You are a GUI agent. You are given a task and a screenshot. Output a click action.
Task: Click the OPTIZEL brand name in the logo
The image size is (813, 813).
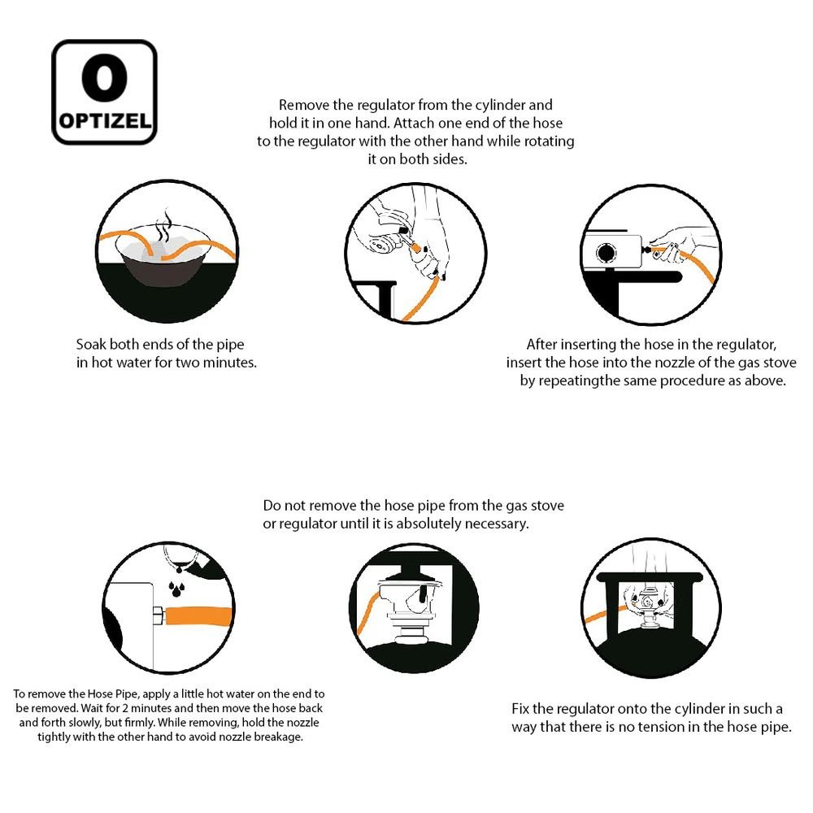(105, 121)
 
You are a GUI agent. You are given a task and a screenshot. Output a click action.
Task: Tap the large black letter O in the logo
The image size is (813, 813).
(104, 78)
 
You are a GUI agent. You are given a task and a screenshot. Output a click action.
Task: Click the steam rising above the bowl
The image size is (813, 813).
(164, 225)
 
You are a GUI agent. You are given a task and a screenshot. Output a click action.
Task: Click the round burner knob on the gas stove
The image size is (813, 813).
(606, 253)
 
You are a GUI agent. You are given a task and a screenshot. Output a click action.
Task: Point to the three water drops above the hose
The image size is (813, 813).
(176, 589)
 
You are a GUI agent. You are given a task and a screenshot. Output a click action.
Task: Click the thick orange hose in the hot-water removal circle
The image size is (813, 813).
(198, 617)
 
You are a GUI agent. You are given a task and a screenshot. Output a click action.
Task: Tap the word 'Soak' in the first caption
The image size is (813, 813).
(91, 344)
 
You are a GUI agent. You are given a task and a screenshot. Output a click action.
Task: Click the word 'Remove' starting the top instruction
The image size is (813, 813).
(304, 105)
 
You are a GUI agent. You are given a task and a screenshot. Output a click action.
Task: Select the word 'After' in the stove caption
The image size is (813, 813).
(541, 344)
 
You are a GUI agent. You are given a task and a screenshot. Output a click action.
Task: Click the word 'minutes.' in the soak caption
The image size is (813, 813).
(230, 363)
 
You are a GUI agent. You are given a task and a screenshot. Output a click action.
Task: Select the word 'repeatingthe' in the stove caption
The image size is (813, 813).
(579, 380)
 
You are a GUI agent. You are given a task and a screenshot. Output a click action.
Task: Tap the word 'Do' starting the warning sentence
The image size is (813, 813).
(272, 506)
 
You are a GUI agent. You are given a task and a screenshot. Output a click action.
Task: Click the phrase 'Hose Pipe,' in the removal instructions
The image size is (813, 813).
(113, 693)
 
